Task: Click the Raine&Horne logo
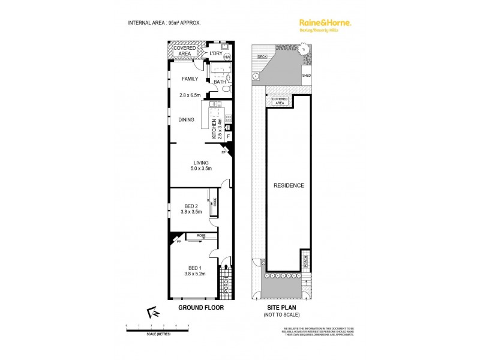coord(325,23)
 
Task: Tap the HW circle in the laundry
coord(227,58)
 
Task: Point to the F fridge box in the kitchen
coord(227,137)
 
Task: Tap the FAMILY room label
coord(190,79)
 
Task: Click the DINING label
coord(186,120)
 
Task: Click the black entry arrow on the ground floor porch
coord(226,268)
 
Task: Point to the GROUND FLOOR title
coord(200,307)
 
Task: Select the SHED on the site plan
coord(307,76)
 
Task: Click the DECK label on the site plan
coord(261,56)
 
